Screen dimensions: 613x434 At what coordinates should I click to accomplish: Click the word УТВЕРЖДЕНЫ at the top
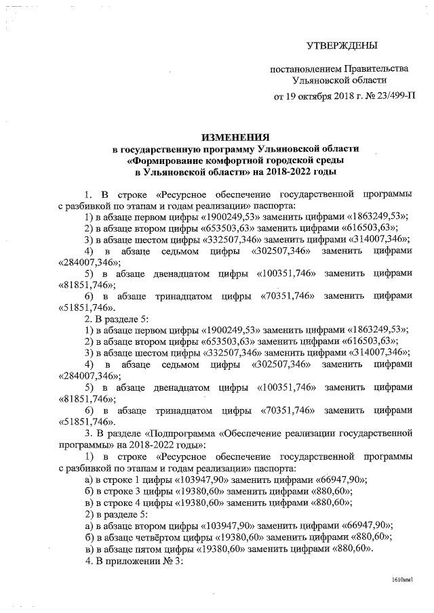[342, 46]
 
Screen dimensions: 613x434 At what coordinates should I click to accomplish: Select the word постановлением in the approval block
[305, 68]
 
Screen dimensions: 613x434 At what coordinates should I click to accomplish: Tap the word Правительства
[376, 68]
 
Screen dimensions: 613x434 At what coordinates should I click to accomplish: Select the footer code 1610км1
[401, 582]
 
